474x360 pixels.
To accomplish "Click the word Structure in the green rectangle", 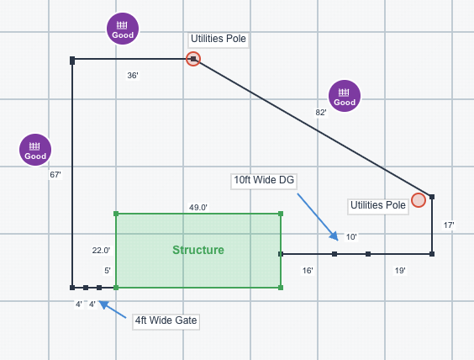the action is [x=198, y=250].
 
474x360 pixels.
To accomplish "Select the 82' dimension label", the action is [x=321, y=113].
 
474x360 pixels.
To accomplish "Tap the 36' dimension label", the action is [x=133, y=76].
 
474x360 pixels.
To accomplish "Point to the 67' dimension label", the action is [x=55, y=175].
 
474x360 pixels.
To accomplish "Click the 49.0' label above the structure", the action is [x=198, y=207].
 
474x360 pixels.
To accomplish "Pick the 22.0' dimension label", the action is [x=101, y=250].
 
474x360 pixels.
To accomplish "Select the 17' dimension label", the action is [x=449, y=225].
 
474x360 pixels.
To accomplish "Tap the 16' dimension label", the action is [x=308, y=271].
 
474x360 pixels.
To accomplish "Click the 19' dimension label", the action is [x=400, y=271].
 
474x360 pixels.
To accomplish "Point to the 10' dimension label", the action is [x=351, y=237].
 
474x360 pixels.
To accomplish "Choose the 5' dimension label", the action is [x=108, y=271].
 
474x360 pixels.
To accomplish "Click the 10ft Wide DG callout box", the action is [x=264, y=181].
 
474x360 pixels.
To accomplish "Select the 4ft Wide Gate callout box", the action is [x=166, y=321].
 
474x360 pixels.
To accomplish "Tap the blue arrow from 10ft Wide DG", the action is [x=318, y=217].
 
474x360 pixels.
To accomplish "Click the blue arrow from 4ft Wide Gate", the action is [x=113, y=310].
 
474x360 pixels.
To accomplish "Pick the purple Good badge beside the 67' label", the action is [x=35, y=150].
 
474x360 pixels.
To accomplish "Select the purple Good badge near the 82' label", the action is [x=345, y=96].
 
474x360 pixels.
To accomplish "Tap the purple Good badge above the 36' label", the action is [x=123, y=29].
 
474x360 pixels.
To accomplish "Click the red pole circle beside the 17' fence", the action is [x=419, y=200].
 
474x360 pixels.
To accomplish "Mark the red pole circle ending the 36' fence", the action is [x=193, y=59].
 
